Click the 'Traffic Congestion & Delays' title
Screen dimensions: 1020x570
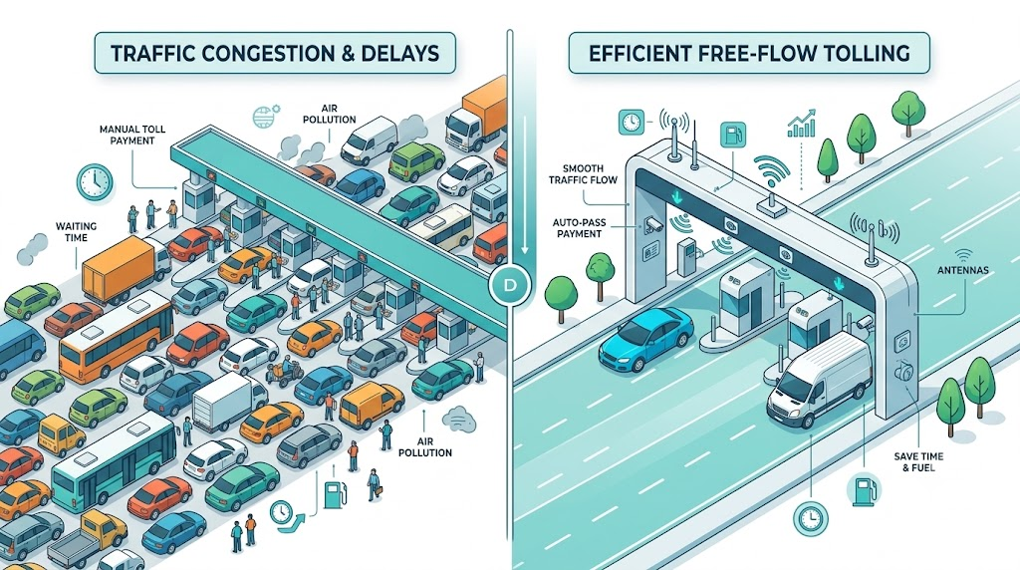[x=275, y=53]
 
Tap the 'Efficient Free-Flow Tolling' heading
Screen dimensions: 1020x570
[x=749, y=53]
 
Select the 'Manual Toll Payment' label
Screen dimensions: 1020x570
[x=132, y=135]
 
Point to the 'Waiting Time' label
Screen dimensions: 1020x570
[x=76, y=231]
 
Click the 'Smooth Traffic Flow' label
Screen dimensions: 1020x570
[x=583, y=173]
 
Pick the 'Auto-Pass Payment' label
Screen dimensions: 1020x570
[x=579, y=228]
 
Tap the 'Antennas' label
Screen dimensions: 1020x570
[x=963, y=270]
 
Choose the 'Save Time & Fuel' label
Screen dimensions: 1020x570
[x=918, y=461]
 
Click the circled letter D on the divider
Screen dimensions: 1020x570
[x=511, y=284]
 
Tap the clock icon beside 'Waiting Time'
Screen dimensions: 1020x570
[x=95, y=181]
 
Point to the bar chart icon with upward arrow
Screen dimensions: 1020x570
[x=802, y=123]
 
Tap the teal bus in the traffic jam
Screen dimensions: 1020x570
[x=114, y=459]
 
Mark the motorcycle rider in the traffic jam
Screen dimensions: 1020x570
[x=284, y=373]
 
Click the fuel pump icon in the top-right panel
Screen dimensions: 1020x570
[x=733, y=136]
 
